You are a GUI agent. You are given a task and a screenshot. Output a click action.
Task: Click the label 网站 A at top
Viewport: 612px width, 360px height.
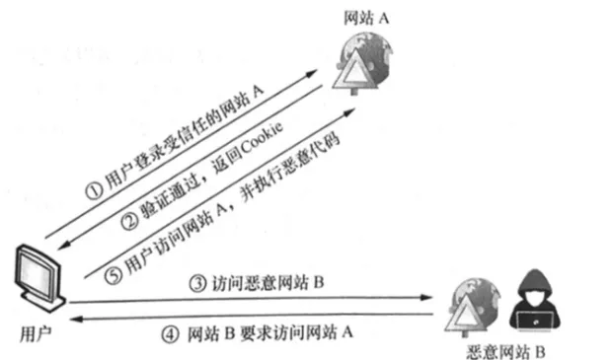click(366, 18)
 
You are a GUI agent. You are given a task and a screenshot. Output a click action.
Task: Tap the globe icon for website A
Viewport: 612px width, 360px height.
click(363, 64)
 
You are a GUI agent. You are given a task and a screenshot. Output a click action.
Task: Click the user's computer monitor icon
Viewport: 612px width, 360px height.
click(39, 278)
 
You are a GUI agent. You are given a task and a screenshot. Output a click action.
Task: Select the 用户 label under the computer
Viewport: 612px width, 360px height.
click(36, 334)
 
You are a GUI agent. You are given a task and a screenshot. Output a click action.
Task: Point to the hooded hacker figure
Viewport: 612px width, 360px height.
click(535, 300)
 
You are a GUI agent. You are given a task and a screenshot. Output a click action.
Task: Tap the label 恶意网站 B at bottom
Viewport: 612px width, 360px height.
click(505, 352)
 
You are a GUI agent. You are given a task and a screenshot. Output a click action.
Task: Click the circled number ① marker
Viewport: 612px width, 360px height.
click(94, 190)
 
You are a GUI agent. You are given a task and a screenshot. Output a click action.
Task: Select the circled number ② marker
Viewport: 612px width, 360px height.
click(129, 221)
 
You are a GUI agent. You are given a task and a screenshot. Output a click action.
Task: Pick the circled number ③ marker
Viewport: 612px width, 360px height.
click(197, 283)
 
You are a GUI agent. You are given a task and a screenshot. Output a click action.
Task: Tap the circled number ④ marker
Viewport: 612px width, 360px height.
click(170, 334)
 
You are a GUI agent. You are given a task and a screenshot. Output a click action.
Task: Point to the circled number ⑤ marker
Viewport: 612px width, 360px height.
click(114, 275)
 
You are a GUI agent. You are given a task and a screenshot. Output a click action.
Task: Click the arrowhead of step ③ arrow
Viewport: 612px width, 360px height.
click(426, 297)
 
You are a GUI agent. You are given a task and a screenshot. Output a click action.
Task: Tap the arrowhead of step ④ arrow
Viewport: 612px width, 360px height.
click(77, 319)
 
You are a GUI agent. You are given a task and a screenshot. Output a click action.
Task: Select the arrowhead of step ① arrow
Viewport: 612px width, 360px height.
click(312, 73)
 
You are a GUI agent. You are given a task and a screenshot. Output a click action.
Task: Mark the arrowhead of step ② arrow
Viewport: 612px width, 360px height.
click(63, 246)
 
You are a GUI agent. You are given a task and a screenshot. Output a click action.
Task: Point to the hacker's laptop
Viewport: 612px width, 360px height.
click(535, 321)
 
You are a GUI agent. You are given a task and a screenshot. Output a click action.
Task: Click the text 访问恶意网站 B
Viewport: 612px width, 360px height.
click(268, 283)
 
